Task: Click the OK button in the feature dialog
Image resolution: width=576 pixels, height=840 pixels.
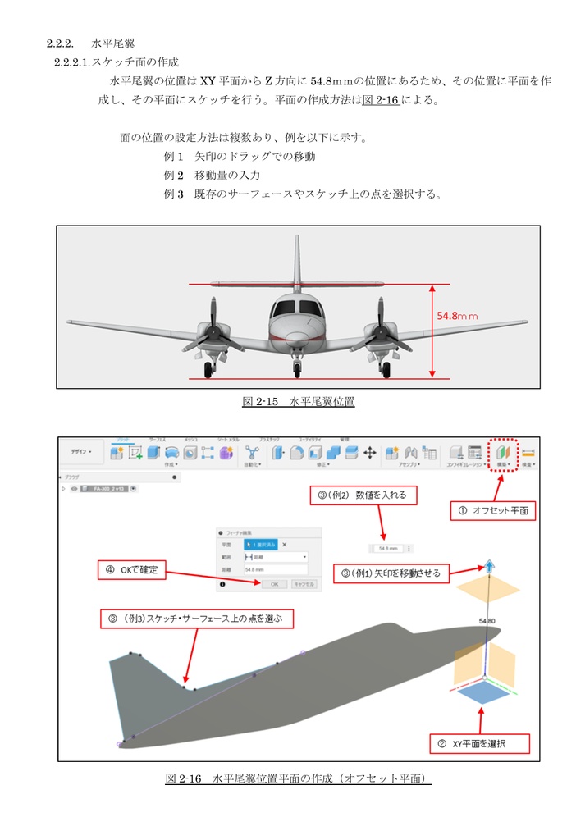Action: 274,584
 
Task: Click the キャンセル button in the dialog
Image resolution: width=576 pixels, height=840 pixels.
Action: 303,584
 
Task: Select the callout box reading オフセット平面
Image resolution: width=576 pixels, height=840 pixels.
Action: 495,510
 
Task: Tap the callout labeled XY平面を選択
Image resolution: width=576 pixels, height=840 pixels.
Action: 480,743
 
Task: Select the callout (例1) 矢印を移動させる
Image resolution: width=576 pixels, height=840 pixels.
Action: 392,573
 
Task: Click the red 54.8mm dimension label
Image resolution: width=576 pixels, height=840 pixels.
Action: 457,315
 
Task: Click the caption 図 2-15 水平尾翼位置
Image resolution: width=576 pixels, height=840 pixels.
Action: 298,402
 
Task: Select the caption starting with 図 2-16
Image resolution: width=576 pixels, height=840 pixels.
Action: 298,778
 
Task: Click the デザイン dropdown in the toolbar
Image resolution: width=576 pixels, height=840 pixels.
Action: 82,452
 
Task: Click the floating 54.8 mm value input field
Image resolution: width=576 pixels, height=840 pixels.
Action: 389,548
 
